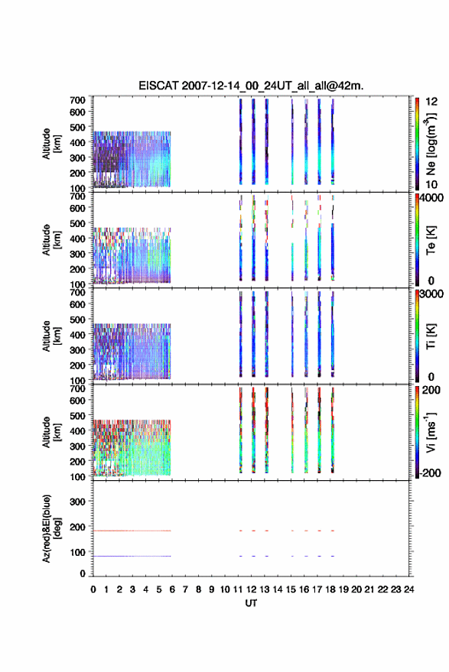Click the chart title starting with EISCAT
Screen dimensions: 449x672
251,86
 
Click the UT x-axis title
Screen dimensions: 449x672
251,603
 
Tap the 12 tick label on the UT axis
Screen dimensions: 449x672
251,589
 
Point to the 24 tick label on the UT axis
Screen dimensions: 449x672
408,589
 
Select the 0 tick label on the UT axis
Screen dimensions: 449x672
93,589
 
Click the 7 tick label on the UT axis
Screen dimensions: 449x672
185,589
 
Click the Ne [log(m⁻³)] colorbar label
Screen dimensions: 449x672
431,144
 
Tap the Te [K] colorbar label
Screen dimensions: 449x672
431,240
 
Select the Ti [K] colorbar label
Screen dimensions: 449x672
431,336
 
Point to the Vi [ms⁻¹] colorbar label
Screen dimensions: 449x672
431,432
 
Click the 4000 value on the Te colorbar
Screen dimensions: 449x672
431,199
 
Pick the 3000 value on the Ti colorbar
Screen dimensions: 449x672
431,294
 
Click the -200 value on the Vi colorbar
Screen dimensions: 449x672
430,473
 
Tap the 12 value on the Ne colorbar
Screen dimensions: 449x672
431,102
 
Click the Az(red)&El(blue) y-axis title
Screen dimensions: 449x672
51,528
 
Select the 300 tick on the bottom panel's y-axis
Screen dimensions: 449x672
77,502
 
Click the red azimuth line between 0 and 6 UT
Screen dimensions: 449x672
132,531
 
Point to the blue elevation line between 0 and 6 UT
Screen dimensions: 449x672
132,556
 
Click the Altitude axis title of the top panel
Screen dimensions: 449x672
51,144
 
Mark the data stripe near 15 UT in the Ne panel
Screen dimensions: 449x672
292,142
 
